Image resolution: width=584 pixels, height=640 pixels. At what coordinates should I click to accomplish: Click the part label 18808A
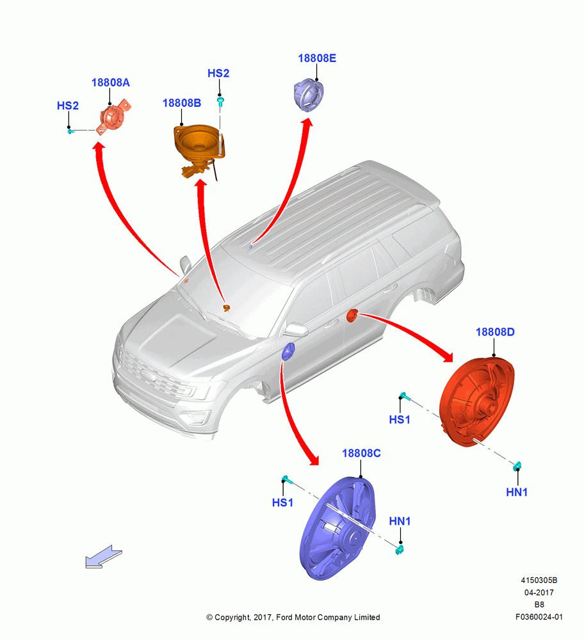(x=110, y=83)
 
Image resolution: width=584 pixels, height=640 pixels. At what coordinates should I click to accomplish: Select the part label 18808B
(x=182, y=103)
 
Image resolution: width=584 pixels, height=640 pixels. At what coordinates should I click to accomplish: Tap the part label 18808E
(x=317, y=58)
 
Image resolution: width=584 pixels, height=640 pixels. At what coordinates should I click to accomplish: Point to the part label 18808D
(x=495, y=332)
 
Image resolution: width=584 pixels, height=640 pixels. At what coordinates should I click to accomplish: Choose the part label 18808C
(x=361, y=454)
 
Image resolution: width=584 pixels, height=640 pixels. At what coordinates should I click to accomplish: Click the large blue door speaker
(x=337, y=527)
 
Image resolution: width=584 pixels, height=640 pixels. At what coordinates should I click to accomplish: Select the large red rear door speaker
(x=476, y=402)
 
